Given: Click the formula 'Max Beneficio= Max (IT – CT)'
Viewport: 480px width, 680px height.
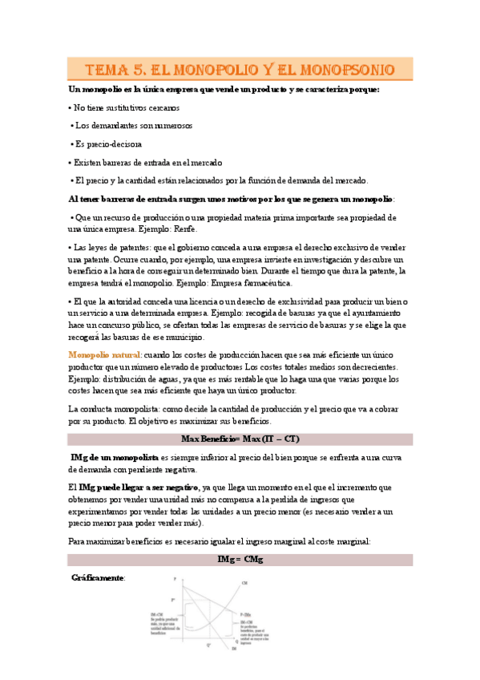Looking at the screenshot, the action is click(x=240, y=439).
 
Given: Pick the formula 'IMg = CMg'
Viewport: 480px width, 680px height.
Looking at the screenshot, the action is click(x=240, y=559).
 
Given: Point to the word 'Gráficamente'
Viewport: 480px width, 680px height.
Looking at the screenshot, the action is click(x=98, y=577).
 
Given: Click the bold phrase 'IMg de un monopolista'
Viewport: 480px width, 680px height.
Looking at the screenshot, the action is click(x=114, y=456).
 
